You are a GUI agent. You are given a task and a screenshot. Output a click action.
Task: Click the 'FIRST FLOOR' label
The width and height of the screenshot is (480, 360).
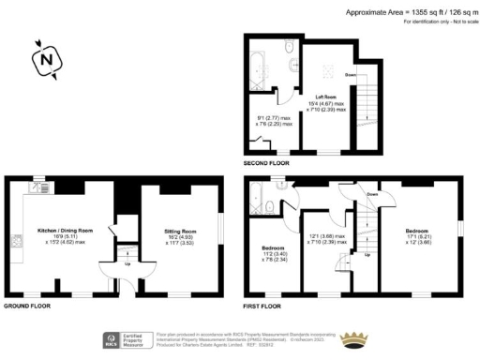pos(262,307)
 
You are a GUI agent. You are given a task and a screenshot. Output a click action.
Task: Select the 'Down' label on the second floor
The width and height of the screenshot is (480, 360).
pos(350,74)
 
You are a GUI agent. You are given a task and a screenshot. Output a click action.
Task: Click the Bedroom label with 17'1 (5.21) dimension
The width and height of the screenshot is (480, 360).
pos(416,231)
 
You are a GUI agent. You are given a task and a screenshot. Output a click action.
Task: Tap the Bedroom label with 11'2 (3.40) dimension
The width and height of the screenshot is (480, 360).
pos(272,247)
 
